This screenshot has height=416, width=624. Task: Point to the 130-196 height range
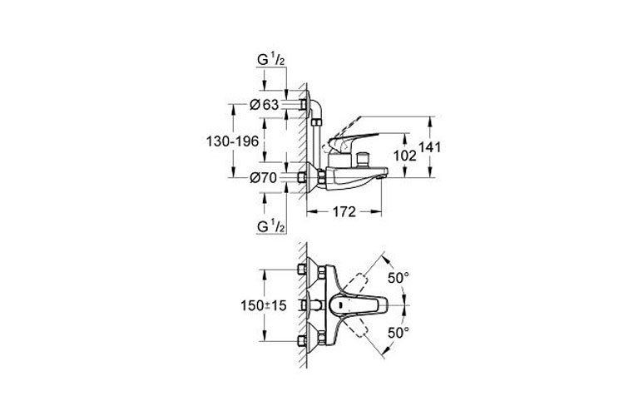point(230,141)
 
